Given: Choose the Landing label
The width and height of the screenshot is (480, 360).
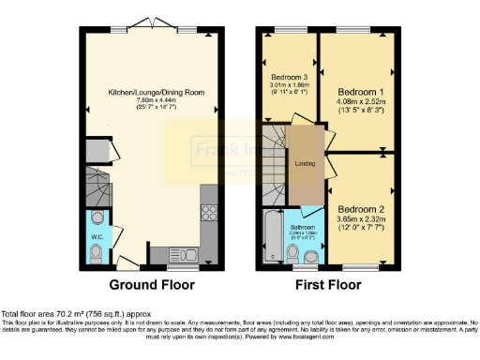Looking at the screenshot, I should click(x=305, y=164).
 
